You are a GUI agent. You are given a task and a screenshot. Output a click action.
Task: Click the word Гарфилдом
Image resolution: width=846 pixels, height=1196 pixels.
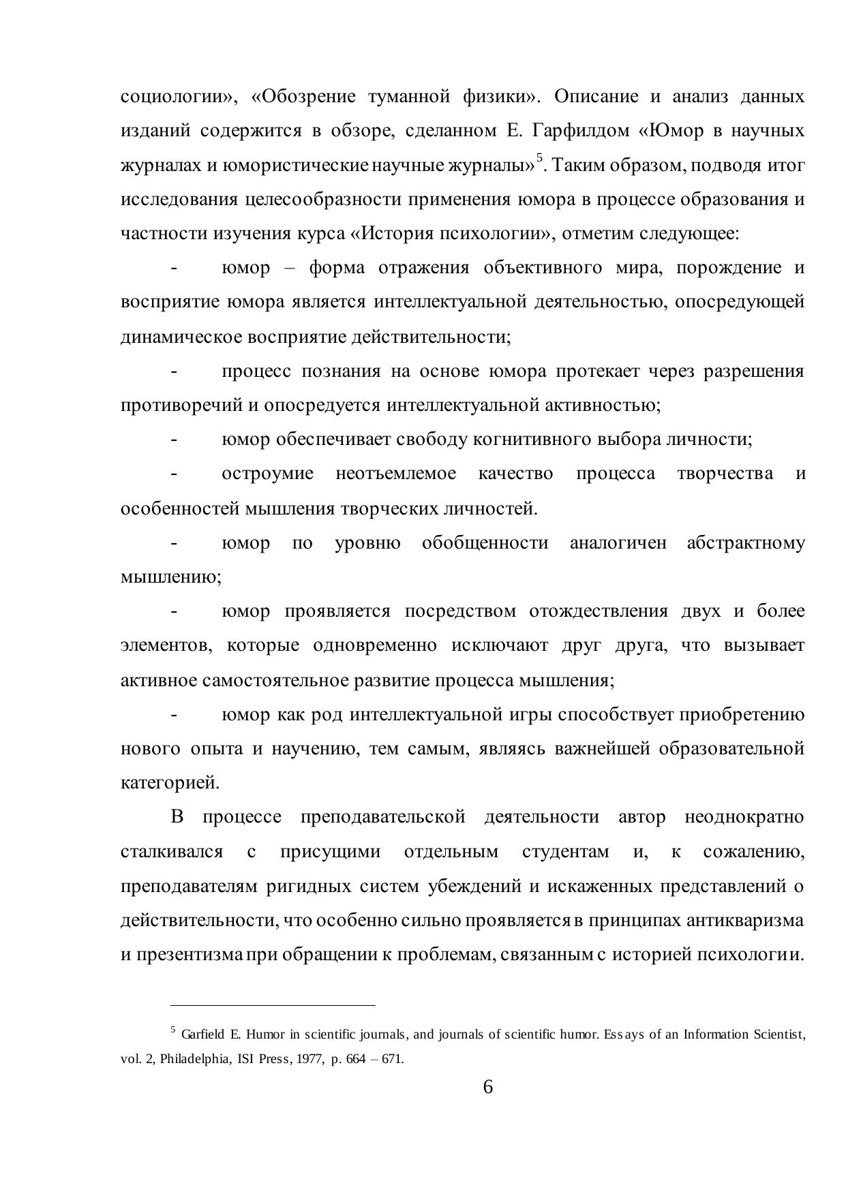coord(584,131)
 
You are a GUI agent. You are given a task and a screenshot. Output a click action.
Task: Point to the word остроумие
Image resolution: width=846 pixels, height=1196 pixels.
coord(267,474)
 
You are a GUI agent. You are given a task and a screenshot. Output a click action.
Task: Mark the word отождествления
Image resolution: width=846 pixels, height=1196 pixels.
coord(598,611)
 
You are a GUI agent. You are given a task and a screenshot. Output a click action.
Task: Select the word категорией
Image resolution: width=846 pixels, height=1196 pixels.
coord(170,783)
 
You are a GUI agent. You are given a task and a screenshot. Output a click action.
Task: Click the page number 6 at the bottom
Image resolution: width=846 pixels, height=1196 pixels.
coord(487,1087)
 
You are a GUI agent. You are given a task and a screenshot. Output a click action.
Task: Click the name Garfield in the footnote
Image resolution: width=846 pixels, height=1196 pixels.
coord(203,1034)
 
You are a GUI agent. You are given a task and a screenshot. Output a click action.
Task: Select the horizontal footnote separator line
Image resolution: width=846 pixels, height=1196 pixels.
coord(273,1005)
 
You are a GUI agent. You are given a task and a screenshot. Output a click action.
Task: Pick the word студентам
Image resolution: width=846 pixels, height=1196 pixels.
coord(565,852)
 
